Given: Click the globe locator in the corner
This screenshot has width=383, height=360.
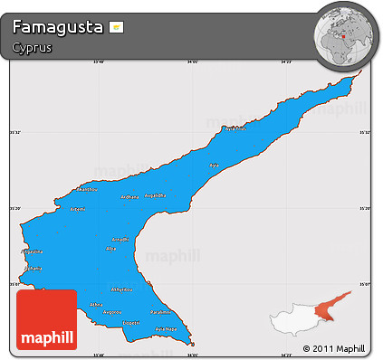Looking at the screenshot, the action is pos(341,33).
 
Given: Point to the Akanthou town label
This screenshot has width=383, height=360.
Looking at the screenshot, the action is pos(87,191).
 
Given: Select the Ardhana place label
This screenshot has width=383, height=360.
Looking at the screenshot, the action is pos(129,197).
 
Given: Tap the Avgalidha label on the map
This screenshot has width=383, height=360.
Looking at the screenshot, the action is pos(156,195).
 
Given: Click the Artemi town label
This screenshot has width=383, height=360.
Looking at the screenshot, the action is pos(78,209).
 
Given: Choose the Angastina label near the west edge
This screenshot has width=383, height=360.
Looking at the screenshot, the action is pos(33,251).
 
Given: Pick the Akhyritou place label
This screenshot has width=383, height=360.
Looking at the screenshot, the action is pos(121,289).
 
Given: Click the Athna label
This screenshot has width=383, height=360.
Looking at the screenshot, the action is pos(97,306).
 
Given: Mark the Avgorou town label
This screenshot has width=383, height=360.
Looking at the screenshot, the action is pos(112,313).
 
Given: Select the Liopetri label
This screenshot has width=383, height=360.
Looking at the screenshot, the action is pos(131,322).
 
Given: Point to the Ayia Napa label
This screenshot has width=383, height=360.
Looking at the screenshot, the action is pos(164,329).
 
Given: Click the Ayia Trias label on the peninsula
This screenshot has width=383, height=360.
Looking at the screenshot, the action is pos(235,128).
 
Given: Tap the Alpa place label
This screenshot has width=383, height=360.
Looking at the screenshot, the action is pos(111,248).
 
